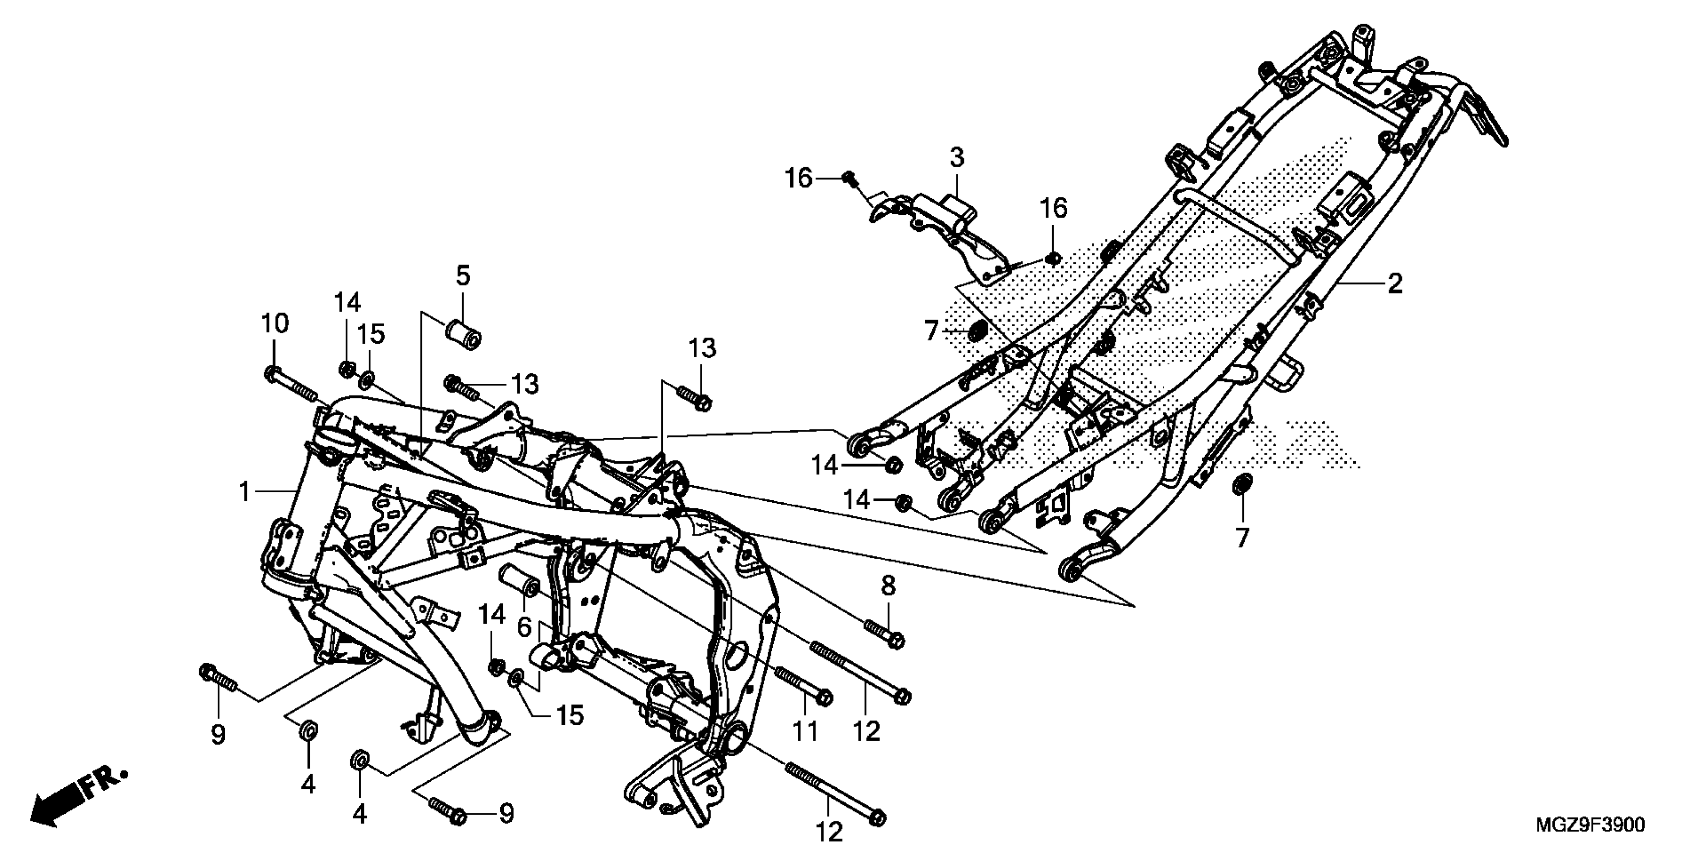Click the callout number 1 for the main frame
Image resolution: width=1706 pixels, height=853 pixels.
click(x=245, y=492)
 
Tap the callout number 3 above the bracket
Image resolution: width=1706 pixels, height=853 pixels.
click(x=956, y=158)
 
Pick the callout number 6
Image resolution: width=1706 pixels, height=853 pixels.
click(x=524, y=627)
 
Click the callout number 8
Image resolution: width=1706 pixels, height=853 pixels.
click(x=888, y=586)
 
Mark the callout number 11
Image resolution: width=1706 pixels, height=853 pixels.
click(x=806, y=731)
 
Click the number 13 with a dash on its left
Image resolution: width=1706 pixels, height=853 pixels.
click(x=526, y=384)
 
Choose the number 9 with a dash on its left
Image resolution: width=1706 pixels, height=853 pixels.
click(x=506, y=813)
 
